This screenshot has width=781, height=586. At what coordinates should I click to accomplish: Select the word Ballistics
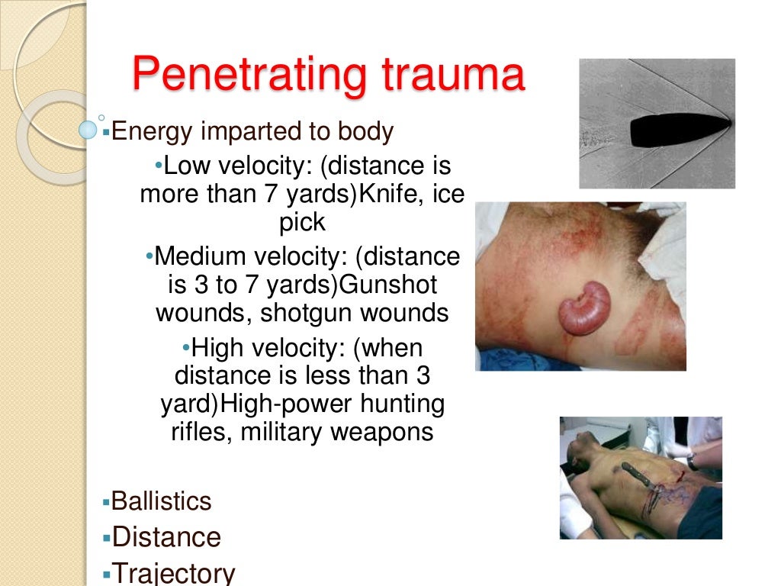(161, 501)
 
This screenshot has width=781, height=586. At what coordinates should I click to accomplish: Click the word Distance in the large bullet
(166, 537)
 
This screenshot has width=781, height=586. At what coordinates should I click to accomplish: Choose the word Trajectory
(173, 573)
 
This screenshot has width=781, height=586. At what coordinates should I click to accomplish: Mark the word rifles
(201, 433)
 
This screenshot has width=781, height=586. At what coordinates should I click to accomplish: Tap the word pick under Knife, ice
(302, 223)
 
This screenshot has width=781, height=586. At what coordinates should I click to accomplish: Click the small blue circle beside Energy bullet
(88, 130)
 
